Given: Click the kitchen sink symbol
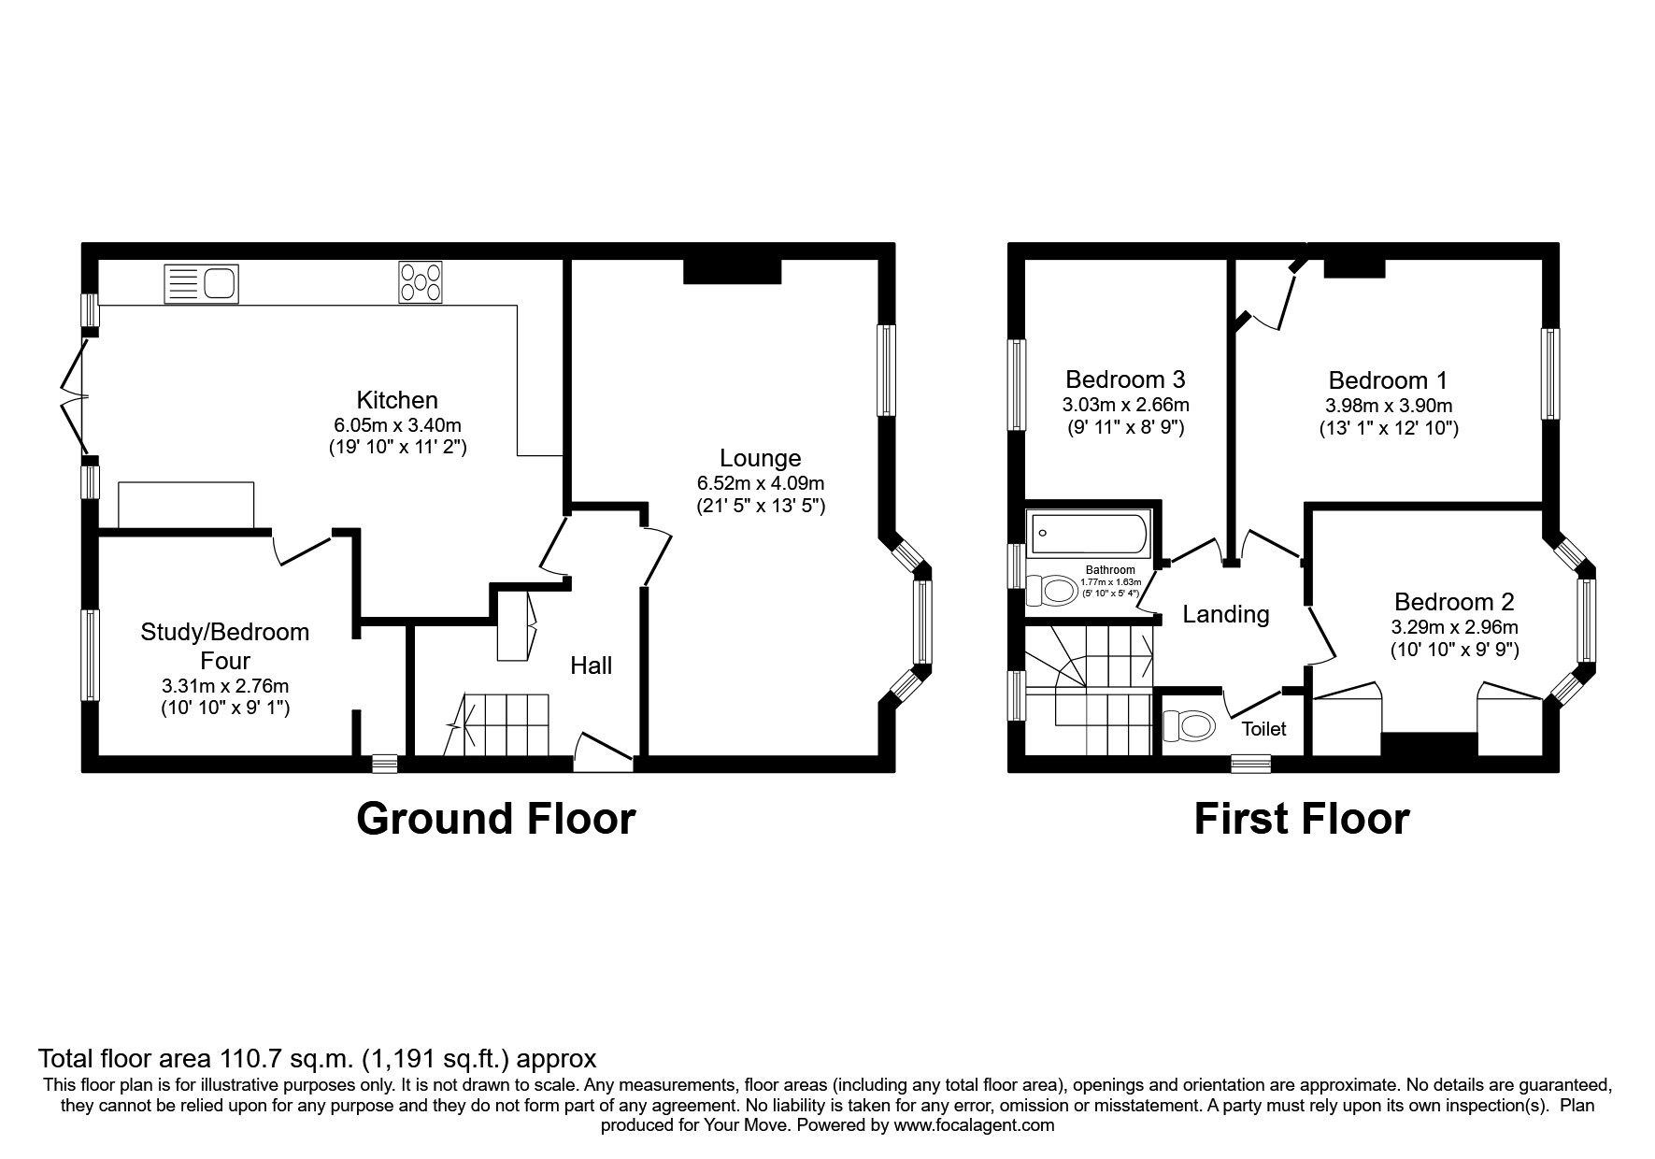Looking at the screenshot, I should (x=202, y=284).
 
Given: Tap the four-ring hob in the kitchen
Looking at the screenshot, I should (x=421, y=282).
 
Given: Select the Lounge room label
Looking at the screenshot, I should (x=760, y=458).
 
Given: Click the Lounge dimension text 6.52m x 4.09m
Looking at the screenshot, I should (x=760, y=483).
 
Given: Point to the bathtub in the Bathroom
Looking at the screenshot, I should (x=1090, y=534).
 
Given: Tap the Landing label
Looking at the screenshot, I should (x=1225, y=614).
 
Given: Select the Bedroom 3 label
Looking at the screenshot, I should (x=1125, y=379).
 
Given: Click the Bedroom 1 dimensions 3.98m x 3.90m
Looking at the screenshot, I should (x=1388, y=406).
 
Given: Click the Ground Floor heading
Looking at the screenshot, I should (x=495, y=819).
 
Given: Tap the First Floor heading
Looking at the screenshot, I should (x=1301, y=819).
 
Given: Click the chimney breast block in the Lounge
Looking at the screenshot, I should (x=732, y=271).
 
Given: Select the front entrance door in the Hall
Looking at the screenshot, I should (x=605, y=752).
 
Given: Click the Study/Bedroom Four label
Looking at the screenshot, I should (x=225, y=646).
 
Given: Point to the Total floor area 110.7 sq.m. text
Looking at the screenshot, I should (x=317, y=1059).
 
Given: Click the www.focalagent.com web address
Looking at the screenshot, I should (x=973, y=1125).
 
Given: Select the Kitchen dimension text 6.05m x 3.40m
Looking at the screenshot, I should (x=397, y=424).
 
